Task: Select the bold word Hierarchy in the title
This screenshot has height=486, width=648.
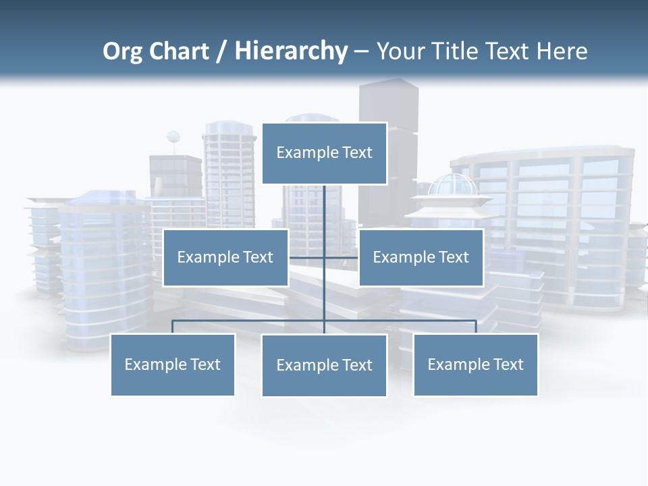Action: pos(291,51)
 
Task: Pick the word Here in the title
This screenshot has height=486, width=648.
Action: pos(562,51)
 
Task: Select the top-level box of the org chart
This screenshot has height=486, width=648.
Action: pos(324,153)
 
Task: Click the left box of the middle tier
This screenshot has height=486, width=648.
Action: pos(225,257)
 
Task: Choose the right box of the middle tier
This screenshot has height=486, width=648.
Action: pos(421,257)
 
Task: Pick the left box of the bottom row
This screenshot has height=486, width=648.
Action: pos(173,364)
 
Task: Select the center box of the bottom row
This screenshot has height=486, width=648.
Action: pos(324,365)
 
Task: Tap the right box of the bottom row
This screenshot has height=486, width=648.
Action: pos(476,364)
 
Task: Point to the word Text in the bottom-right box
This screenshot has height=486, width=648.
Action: pos(508,364)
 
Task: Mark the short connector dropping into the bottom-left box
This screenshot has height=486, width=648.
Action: pos(173,327)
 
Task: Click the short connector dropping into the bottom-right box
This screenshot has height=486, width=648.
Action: pos(476,327)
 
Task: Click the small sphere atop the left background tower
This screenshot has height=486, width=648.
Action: pos(173,138)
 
